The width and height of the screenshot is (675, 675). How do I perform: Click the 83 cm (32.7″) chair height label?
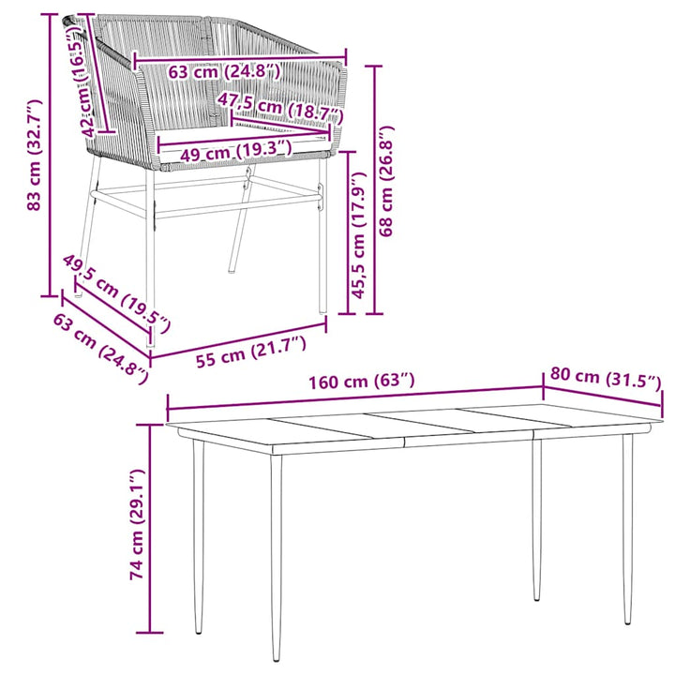coord(35,155)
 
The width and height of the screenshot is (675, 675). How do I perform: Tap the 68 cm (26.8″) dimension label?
coord(386,181)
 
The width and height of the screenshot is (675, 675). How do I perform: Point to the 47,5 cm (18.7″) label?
coord(280,108)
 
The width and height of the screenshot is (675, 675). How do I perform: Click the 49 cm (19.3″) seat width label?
coord(236,151)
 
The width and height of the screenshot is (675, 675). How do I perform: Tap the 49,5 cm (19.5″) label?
coord(117,294)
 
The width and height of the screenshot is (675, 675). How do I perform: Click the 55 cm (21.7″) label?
coord(251,352)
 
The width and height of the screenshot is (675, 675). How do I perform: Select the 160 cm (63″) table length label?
coord(362,381)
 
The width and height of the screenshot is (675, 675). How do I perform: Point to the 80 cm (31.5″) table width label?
coord(606,378)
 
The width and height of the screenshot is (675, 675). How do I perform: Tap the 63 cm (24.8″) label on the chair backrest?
coord(224,71)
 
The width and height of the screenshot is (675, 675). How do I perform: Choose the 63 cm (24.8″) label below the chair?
coord(101,348)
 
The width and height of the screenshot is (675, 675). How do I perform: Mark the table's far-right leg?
coord(628,529)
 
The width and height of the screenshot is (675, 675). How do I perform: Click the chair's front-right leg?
coord(322,234)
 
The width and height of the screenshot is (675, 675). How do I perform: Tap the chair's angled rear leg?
coord(241,219)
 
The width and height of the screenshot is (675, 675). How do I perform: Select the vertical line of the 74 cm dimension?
coord(150,529)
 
